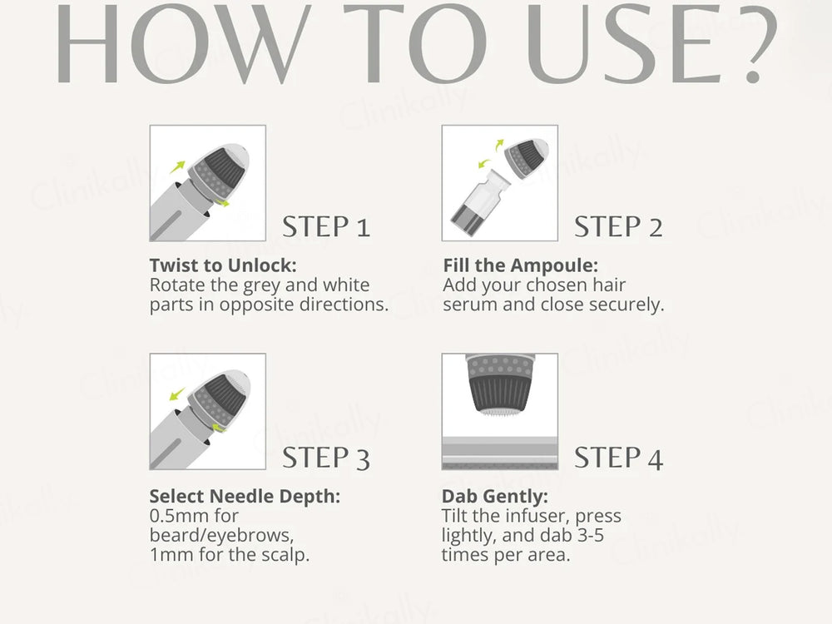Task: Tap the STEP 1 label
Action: (326, 226)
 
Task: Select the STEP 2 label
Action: (618, 226)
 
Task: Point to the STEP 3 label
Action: (326, 457)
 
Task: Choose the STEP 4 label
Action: (618, 457)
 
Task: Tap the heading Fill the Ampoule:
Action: (520, 265)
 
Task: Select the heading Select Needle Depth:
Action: (245, 497)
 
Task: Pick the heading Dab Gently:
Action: (495, 497)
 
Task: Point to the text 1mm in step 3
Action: (170, 554)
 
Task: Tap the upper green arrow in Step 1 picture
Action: (177, 167)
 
